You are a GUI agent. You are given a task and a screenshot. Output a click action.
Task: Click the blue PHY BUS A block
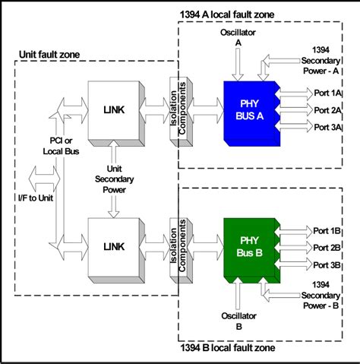pyautogui.click(x=250, y=112)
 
